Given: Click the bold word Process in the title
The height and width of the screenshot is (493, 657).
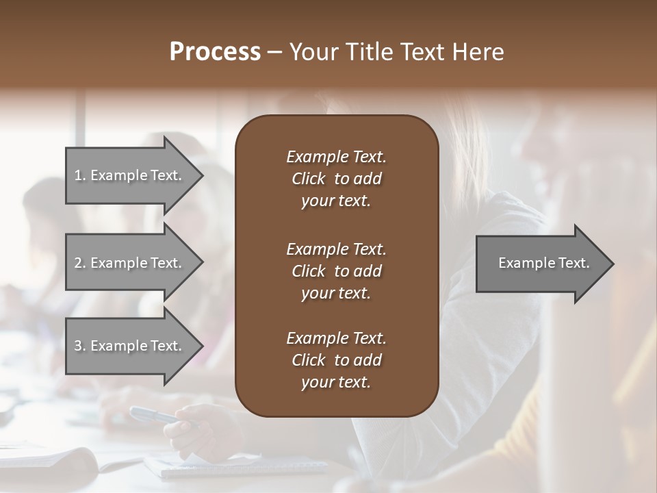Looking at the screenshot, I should coord(215,52).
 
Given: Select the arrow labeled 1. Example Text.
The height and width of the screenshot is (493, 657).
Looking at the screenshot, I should coord(130,175).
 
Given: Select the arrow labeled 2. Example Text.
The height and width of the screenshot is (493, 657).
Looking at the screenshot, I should coord(130,263).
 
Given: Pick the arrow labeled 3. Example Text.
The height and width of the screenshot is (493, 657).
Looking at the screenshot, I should coord(130,346).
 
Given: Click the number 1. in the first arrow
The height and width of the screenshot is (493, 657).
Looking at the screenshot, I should coord(80,175).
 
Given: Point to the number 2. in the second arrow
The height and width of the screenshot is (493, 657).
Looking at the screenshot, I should coord(80,263).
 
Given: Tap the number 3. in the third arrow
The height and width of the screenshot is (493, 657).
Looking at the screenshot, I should coord(80,346).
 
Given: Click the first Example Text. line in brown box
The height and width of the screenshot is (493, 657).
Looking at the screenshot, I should coord(336,157).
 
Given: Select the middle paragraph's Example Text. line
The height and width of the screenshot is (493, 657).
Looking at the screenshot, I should coord(336,249).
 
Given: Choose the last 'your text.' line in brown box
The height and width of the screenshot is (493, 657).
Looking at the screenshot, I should coord(336,383).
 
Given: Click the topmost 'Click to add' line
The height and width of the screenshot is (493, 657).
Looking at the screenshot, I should coord(336,179).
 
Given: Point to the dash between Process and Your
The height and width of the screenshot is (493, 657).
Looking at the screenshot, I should coord(274,52).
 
